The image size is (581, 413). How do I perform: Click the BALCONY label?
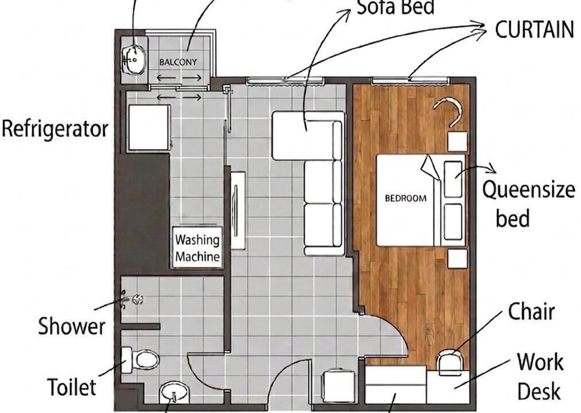pos(178,62)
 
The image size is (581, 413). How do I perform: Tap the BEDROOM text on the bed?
pos(406,198)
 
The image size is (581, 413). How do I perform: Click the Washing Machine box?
pos(197,247)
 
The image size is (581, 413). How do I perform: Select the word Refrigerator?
pos(55,129)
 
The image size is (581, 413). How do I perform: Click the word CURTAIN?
pos(534,29)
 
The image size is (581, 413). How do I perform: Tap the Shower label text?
pos(72,326)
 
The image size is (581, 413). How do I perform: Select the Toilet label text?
pos(72,387)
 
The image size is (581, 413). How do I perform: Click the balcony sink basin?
pos(133,59)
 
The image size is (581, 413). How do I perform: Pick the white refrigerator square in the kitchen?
pos(149,128)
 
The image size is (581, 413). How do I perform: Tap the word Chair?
pos(532,311)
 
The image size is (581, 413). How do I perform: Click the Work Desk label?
pos(540,376)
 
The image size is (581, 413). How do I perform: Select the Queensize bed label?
pos(528,204)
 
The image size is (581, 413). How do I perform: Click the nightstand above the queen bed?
pos(458,141)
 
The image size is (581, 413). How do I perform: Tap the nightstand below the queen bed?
pos(458,259)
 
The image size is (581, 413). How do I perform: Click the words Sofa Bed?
pos(396,7)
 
